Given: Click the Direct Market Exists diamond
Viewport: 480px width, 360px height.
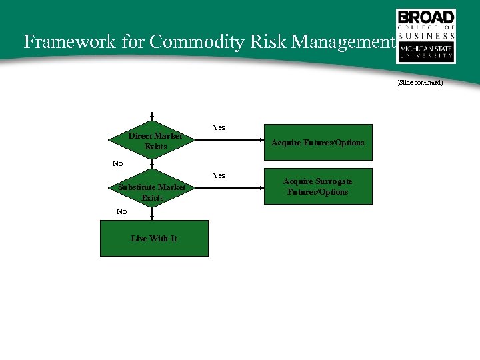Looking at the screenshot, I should click(153, 141).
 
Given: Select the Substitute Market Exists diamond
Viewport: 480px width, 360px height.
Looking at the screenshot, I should click(153, 193).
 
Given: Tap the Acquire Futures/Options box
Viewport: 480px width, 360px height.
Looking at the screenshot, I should click(318, 142).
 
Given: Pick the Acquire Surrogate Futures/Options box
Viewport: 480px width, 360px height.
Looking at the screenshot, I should click(318, 187).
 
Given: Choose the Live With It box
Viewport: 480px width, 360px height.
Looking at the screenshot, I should click(154, 238).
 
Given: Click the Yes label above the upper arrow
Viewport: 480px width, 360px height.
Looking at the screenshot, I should click(219, 127).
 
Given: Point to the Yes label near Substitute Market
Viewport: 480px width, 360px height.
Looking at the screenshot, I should click(219, 175).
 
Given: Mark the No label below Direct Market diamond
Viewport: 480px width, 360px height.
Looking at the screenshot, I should click(117, 163).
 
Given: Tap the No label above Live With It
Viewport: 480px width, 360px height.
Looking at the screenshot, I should click(121, 211).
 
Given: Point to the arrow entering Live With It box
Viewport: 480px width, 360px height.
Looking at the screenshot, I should click(153, 213).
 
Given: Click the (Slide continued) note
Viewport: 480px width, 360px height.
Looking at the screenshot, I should click(419, 83).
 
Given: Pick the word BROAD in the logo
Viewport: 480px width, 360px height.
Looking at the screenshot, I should click(426, 18).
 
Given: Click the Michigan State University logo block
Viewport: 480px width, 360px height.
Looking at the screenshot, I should click(426, 52).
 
